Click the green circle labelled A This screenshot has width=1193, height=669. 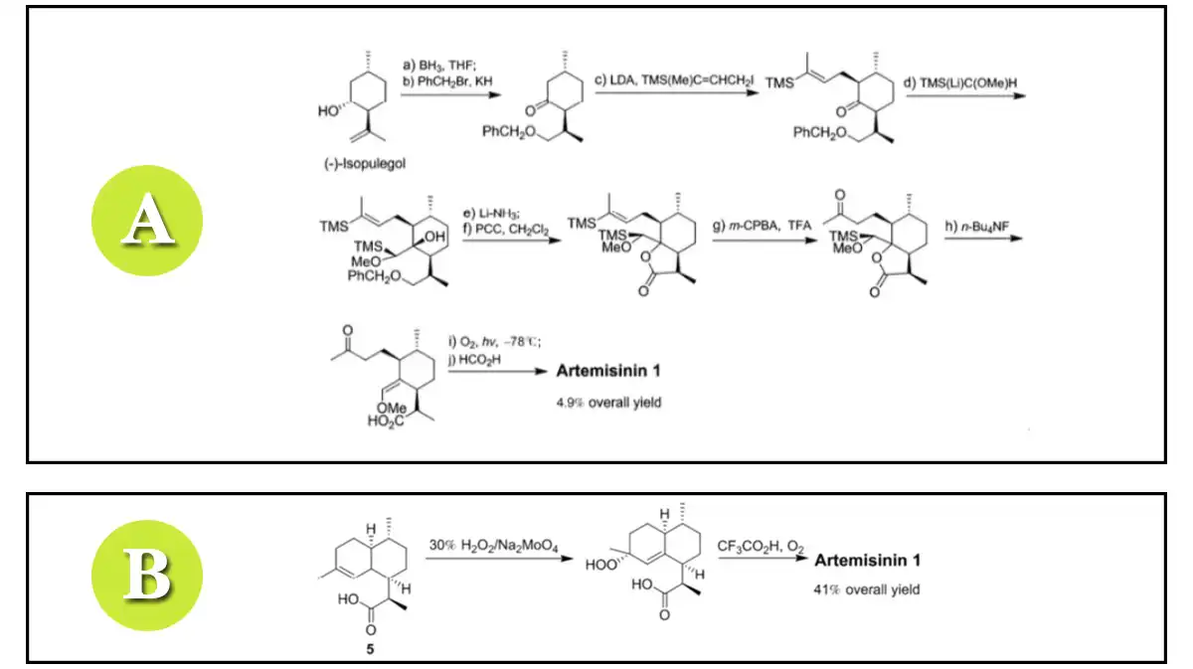coord(146,221)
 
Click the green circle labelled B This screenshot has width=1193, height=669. coord(146,577)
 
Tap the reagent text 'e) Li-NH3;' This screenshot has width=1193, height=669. coord(490,214)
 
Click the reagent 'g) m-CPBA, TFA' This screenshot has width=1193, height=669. coord(759,228)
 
